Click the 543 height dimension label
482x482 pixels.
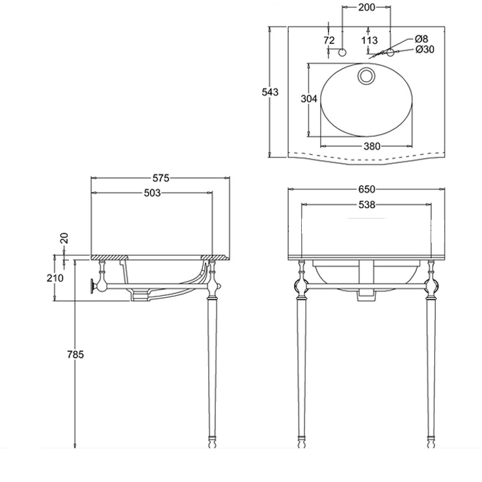(270, 92)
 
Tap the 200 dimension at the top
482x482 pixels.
(367, 7)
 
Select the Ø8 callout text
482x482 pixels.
(421, 39)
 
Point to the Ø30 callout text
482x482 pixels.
(425, 49)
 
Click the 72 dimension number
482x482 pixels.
(329, 40)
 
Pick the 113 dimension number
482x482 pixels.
(369, 40)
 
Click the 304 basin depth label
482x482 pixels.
(309, 99)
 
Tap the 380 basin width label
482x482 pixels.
(372, 146)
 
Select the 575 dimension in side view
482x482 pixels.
(161, 178)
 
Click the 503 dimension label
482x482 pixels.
(152, 193)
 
